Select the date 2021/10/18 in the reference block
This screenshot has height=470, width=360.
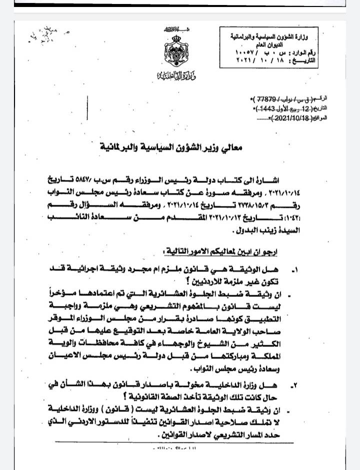[288, 118]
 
